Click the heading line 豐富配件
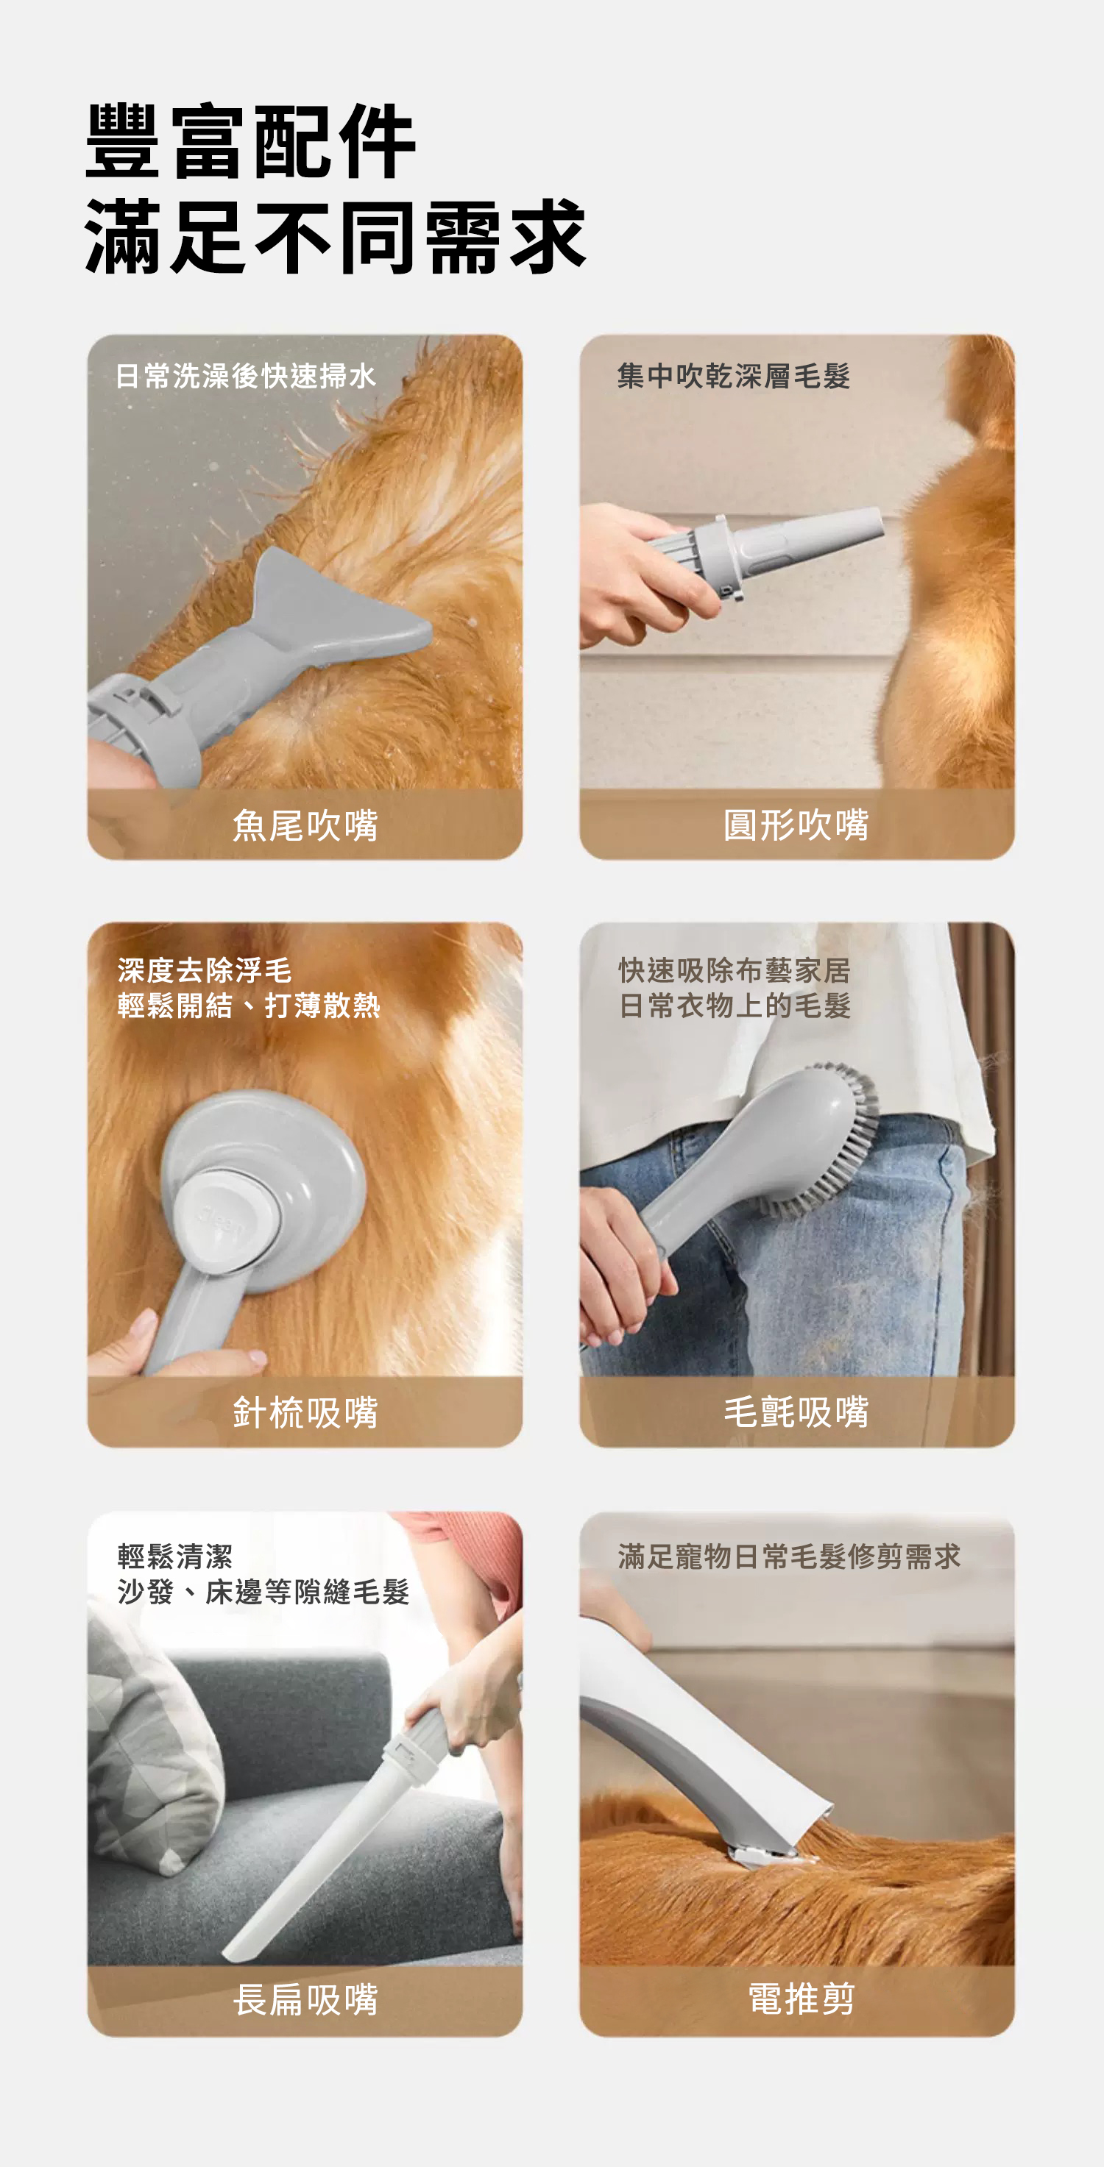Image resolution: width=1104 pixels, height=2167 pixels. (x=251, y=141)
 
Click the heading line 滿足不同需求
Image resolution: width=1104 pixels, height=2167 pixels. (x=335, y=238)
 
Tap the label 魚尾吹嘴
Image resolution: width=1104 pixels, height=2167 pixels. (x=305, y=825)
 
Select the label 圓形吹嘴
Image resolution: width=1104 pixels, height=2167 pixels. (x=796, y=825)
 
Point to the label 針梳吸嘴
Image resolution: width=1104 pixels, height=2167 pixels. (x=305, y=1412)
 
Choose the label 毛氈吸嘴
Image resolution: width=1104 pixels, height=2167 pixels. (x=796, y=1412)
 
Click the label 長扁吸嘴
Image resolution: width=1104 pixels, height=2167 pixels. (x=305, y=1999)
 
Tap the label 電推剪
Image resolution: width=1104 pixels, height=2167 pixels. (x=801, y=1999)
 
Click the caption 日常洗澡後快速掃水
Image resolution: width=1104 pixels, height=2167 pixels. (x=245, y=376)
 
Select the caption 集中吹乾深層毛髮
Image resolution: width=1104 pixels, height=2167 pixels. (x=734, y=376)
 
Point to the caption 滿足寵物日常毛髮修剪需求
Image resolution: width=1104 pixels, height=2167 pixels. (x=789, y=1556)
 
